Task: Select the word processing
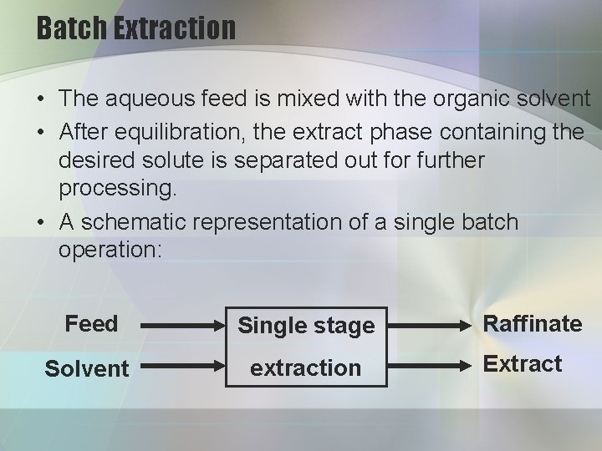pyautogui.click(x=118, y=189)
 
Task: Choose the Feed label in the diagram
pyautogui.click(x=91, y=324)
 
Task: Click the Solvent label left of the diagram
pyautogui.click(x=87, y=368)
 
